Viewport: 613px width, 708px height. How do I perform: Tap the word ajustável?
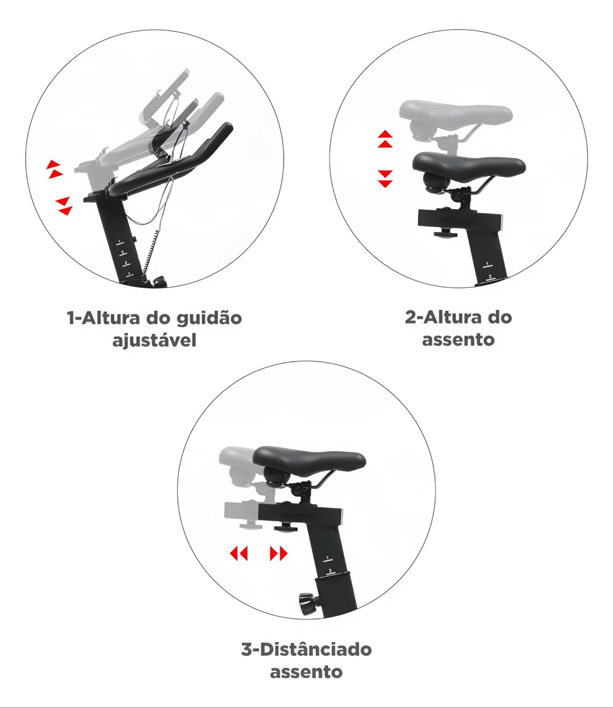(x=154, y=341)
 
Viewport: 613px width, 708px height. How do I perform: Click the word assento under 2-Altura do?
(x=458, y=340)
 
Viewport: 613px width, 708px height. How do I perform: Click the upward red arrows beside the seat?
(x=385, y=139)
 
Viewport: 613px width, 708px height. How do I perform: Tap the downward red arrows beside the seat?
(x=385, y=179)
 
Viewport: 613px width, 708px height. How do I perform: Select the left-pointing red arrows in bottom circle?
(x=239, y=554)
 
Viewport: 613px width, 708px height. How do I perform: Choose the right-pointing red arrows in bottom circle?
(x=278, y=554)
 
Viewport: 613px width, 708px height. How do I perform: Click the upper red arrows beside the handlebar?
(x=54, y=169)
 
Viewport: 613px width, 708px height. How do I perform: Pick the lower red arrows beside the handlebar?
(x=64, y=206)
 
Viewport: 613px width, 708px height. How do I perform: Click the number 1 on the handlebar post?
(x=119, y=242)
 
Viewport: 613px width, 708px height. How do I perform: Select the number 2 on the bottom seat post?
(x=330, y=571)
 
